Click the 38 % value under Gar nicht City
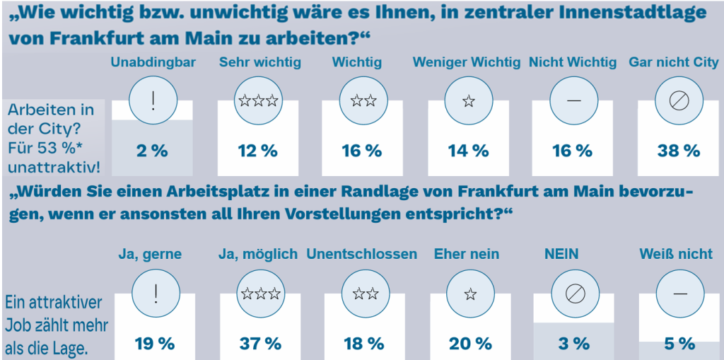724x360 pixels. coord(679,151)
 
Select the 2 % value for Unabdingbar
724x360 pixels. coord(153,151)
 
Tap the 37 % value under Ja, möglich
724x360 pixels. coord(259,344)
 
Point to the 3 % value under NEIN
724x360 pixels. coord(573,344)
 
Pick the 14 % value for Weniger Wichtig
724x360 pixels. coord(468,151)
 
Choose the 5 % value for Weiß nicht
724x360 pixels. coord(679,344)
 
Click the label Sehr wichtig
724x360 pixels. coord(259,62)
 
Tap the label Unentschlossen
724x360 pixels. coord(361,254)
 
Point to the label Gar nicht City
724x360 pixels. coord(673,62)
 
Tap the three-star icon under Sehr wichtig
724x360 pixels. coord(258,100)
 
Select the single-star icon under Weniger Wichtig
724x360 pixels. coord(468,100)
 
